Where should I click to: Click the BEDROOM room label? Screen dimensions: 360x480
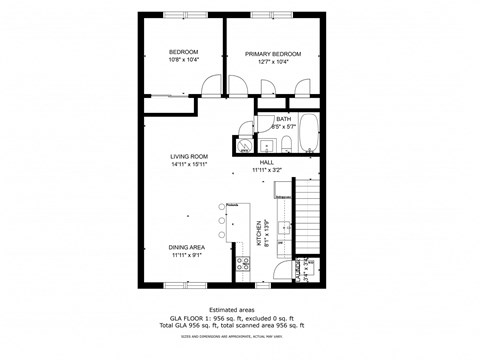click(x=182, y=52)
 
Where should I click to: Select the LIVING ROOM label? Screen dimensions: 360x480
click(x=188, y=156)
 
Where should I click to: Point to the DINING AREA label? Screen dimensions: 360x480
click(x=188, y=247)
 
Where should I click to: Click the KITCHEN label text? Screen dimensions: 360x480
click(x=258, y=234)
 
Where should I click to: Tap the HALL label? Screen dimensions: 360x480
click(x=267, y=162)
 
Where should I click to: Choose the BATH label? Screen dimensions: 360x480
click(x=284, y=119)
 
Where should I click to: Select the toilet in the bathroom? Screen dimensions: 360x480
click(x=286, y=147)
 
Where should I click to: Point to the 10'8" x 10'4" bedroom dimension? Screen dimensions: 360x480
click(x=182, y=61)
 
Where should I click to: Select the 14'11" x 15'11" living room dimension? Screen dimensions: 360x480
click(x=188, y=165)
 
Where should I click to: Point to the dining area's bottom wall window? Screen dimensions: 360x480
click(x=179, y=286)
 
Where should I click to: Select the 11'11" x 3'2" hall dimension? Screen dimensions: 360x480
click(x=267, y=171)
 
